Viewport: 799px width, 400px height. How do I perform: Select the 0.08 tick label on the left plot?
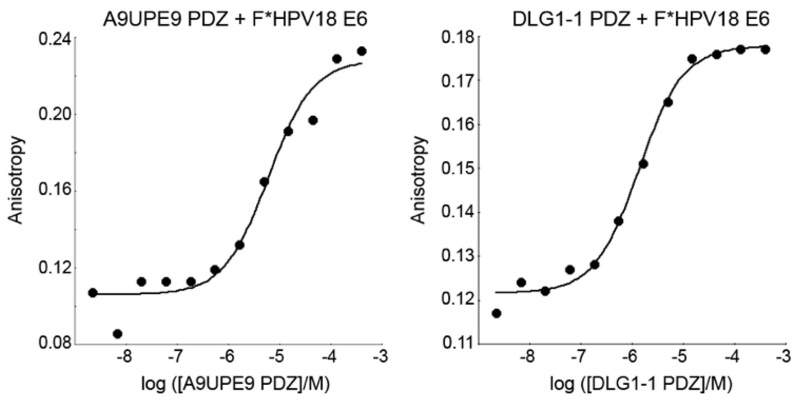click(x=55, y=344)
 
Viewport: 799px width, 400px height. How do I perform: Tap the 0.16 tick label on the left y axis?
click(x=55, y=190)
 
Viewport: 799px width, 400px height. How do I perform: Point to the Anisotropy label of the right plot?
click(x=419, y=180)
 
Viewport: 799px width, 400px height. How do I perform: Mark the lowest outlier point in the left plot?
click(x=117, y=334)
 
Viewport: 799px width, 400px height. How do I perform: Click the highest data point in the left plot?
click(x=362, y=51)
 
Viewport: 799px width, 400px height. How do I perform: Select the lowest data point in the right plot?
click(x=496, y=314)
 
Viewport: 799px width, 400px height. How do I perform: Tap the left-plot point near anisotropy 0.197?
click(x=313, y=120)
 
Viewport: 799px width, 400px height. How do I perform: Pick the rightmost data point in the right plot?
click(x=765, y=50)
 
